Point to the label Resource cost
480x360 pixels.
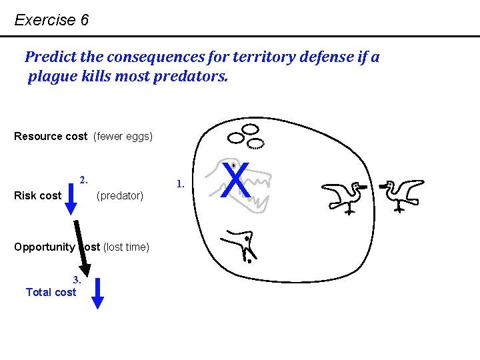[51, 137]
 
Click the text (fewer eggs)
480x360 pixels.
[123, 137]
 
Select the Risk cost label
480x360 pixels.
[37, 196]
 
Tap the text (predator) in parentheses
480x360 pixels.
[120, 196]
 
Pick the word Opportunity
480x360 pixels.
[44, 247]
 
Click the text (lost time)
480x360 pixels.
[126, 247]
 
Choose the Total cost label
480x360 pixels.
[51, 292]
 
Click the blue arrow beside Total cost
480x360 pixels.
[97, 294]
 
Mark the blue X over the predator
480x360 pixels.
[237, 181]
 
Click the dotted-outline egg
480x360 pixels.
[256, 143]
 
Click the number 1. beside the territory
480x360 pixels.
[179, 183]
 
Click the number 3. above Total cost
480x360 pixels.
[77, 280]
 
